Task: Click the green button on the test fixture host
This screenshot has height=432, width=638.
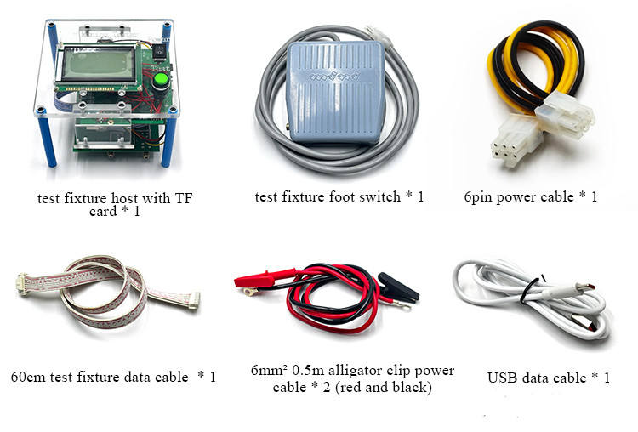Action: click(160, 82)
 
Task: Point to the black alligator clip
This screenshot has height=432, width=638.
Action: click(396, 289)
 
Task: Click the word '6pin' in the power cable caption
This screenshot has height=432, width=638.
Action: click(482, 197)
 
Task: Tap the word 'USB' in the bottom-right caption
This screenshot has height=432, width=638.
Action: click(503, 378)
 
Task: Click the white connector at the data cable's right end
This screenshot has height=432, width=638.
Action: click(194, 299)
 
